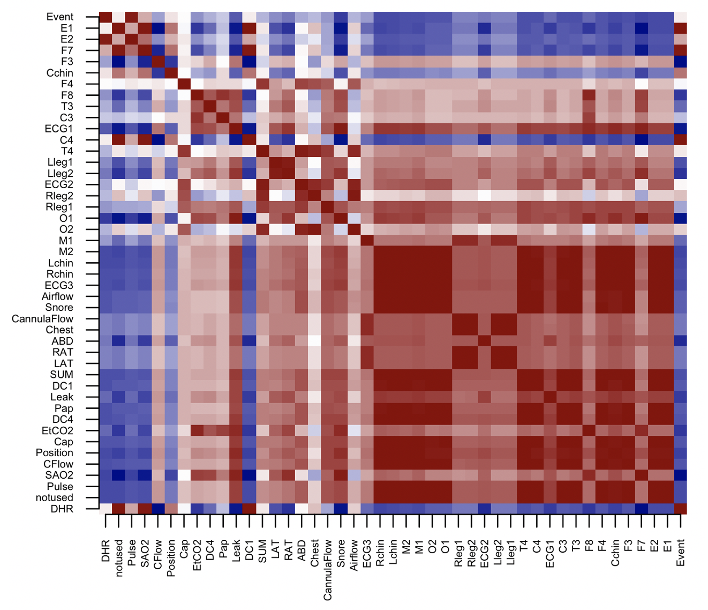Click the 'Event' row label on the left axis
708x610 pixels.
[59, 17]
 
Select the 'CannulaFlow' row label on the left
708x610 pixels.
[42, 319]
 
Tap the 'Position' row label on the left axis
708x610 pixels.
[54, 453]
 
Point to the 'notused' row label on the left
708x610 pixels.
[54, 497]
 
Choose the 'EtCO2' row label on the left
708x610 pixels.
[57, 430]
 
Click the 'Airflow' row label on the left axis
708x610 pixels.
[57, 296]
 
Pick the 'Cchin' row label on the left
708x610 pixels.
[59, 73]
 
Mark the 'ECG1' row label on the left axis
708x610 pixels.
[58, 129]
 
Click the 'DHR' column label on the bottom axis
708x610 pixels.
[106, 551]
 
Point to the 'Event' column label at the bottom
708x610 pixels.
[680, 553]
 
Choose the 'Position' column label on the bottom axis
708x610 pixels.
[171, 557]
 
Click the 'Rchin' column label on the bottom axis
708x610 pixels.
[380, 553]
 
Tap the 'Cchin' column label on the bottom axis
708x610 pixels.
[615, 553]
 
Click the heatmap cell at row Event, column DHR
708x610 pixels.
[106, 17]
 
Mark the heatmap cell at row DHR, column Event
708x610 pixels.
[680, 509]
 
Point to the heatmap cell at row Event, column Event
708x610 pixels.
[680, 17]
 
